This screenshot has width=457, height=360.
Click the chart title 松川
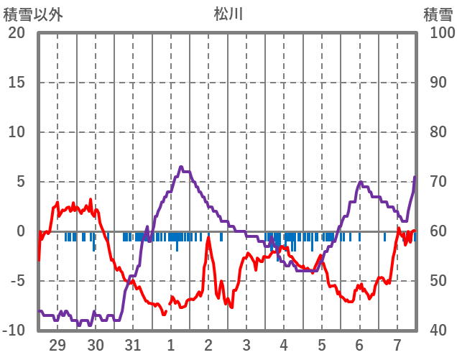[228, 14]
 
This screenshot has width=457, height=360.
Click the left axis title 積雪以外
[32, 14]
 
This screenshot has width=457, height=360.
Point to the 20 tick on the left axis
[17, 33]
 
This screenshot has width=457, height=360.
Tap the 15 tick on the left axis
[17, 83]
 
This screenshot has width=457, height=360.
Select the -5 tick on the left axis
[17, 281]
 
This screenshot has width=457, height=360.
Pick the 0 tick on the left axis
[21, 231]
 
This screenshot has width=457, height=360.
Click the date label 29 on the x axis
[57, 344]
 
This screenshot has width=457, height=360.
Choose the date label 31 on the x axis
[133, 344]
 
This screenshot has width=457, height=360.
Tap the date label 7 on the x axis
[397, 344]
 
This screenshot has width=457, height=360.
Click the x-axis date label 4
[284, 344]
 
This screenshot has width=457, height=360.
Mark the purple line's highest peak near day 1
[180, 167]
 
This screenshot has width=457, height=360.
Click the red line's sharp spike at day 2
[208, 237]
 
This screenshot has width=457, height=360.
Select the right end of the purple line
[415, 177]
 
